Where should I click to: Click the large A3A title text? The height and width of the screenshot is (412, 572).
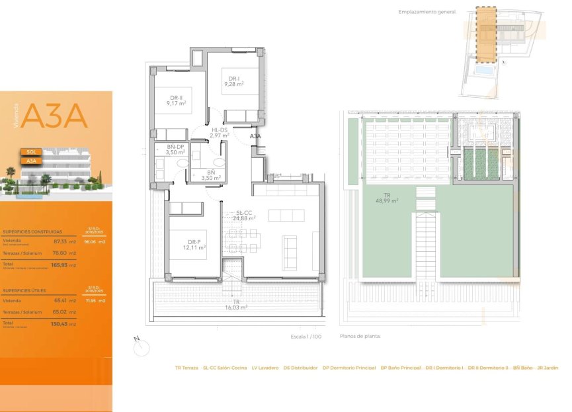pyautogui.click(x=54, y=116)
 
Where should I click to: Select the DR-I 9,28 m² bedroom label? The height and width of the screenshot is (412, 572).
pyautogui.click(x=233, y=81)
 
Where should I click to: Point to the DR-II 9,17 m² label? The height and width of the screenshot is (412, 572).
pyautogui.click(x=176, y=101)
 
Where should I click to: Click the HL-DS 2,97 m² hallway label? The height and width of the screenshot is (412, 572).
pyautogui.click(x=219, y=133)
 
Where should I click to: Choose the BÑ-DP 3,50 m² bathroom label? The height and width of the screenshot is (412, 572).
pyautogui.click(x=175, y=149)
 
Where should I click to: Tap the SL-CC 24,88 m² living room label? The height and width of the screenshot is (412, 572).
pyautogui.click(x=244, y=216)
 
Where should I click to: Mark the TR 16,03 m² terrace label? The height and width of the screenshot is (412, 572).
pyautogui.click(x=235, y=305)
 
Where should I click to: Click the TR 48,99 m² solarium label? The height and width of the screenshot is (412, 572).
pyautogui.click(x=387, y=198)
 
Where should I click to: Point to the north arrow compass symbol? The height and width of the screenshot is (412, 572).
pyautogui.click(x=141, y=346)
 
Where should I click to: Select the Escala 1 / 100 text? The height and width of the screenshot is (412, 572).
pyautogui.click(x=306, y=337)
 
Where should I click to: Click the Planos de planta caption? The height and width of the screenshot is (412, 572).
pyautogui.click(x=360, y=337)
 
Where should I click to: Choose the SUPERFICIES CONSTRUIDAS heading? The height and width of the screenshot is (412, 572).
pyautogui.click(x=32, y=232)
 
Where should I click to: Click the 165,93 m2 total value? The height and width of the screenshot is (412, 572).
pyautogui.click(x=63, y=265)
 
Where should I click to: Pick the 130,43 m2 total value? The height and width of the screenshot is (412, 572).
pyautogui.click(x=63, y=323)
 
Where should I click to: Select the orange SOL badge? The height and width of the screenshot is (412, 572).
pyautogui.click(x=31, y=151)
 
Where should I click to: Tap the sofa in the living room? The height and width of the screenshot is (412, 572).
pyautogui.click(x=290, y=249)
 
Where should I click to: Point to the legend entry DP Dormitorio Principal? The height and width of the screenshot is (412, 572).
pyautogui.click(x=349, y=368)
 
